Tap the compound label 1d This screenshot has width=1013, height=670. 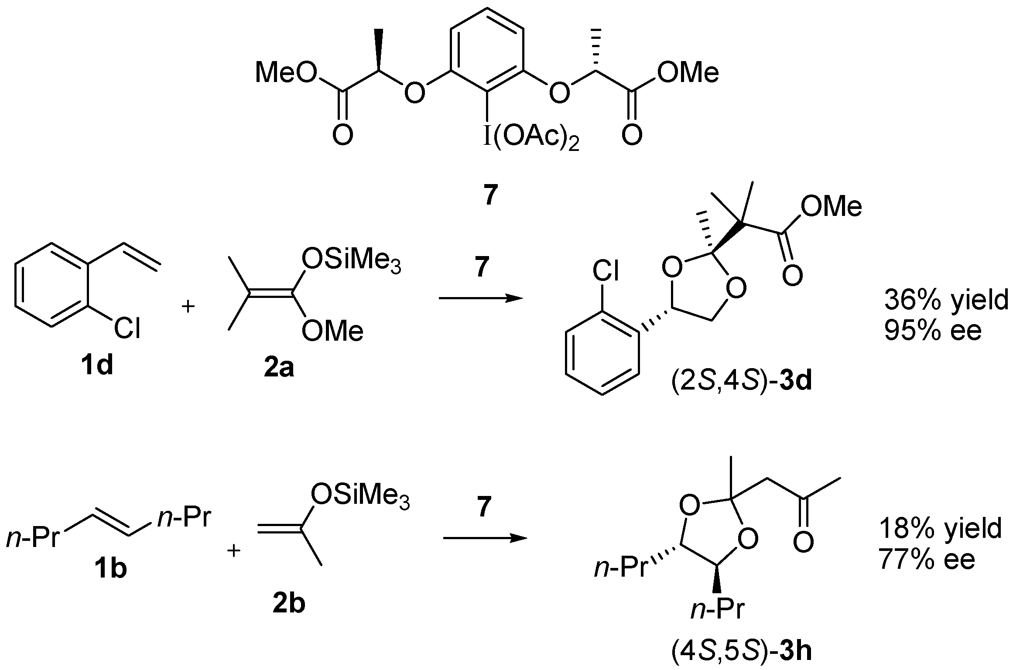96,366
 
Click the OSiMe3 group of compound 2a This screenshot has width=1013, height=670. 351,261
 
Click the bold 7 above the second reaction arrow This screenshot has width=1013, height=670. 482,508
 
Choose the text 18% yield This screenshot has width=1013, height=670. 940,529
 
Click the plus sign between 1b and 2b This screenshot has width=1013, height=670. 234,552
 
